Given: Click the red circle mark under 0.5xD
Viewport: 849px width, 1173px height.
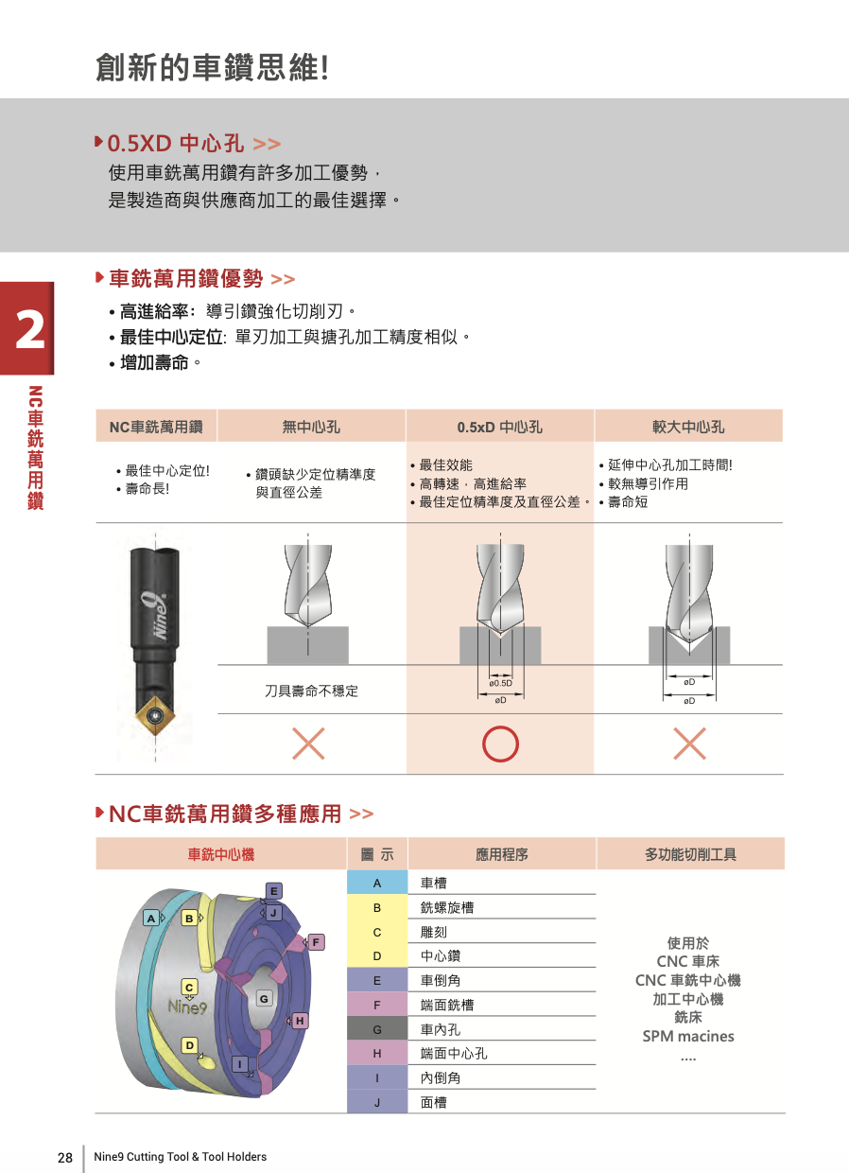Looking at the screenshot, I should pos(500,744).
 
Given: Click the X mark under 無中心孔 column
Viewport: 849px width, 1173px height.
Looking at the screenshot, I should pos(308,744).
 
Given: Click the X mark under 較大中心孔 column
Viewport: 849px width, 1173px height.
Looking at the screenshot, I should pos(689,744).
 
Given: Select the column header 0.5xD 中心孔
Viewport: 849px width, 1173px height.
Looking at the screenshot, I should pos(499,427).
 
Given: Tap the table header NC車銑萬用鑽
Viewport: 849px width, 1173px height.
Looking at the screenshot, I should pos(156,427).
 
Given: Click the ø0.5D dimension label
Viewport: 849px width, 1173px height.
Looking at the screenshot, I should pos(500,682).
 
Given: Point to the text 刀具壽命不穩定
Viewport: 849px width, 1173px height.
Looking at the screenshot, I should pos(311,692).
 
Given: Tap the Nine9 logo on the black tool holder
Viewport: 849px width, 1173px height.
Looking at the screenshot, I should pos(157,615).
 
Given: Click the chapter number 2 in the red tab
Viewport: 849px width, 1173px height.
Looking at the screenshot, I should pos(27,330).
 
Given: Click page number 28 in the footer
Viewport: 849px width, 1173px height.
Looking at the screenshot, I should pos(65,1158).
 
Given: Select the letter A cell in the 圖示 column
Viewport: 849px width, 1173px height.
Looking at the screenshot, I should pos(376,883).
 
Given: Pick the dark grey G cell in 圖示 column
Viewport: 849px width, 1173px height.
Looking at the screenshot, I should pos(376,1029).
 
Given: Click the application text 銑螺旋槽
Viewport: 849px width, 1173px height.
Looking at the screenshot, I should pos(447,907).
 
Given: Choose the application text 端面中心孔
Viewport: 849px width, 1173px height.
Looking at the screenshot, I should pos(454,1054).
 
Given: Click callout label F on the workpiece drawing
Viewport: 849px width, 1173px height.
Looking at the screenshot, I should pos(316,941).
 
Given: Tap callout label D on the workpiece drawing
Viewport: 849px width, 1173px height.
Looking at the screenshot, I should pos(189,1045).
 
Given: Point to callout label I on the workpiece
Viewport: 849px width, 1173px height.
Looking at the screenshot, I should pos(241,1064).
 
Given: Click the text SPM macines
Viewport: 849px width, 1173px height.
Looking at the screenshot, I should pos(688,1036).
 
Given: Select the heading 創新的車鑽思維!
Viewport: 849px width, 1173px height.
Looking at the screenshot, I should pos(212,68).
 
